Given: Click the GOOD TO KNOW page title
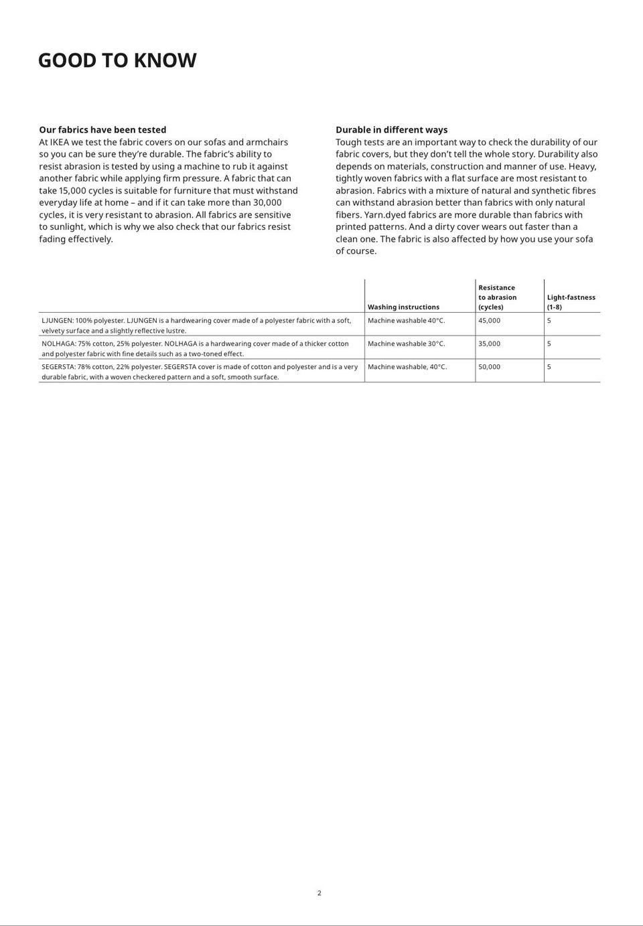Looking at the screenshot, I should (117, 60).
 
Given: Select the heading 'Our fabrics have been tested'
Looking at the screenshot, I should (102, 130).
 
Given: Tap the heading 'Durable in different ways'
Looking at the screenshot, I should (391, 130).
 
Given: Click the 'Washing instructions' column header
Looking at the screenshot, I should (403, 307).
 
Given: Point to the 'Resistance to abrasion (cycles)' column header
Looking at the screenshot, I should (497, 297).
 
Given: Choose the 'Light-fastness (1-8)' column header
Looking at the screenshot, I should (571, 302).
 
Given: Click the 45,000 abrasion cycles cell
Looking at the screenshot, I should (489, 321).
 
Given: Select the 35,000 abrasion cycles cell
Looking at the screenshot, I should (489, 344).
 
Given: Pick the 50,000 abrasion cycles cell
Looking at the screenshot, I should (489, 367).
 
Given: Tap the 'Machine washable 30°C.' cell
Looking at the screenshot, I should (406, 344).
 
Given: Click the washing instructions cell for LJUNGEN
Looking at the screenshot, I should (406, 321).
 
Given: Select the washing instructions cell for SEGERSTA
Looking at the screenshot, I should (407, 367).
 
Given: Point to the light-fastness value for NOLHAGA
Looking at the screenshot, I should (549, 344).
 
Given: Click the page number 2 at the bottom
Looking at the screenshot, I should (319, 893).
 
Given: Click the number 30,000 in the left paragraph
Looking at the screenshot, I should (267, 203).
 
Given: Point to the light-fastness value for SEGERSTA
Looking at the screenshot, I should (549, 367).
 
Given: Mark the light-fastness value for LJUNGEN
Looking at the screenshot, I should (549, 321).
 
